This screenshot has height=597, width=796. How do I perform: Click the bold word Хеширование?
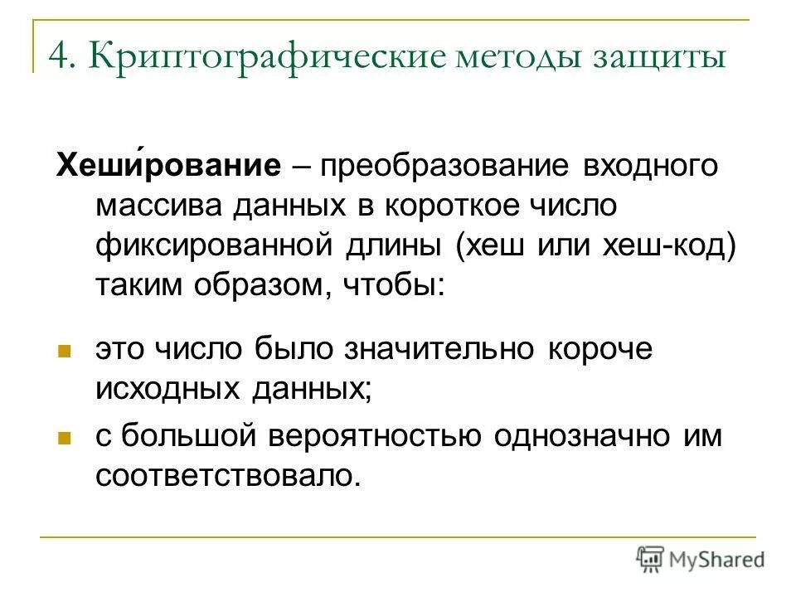point(166,166)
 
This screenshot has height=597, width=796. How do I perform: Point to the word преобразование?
point(449,166)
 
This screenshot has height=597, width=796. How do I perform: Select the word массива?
point(165,206)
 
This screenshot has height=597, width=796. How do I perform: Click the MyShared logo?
point(700,559)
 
